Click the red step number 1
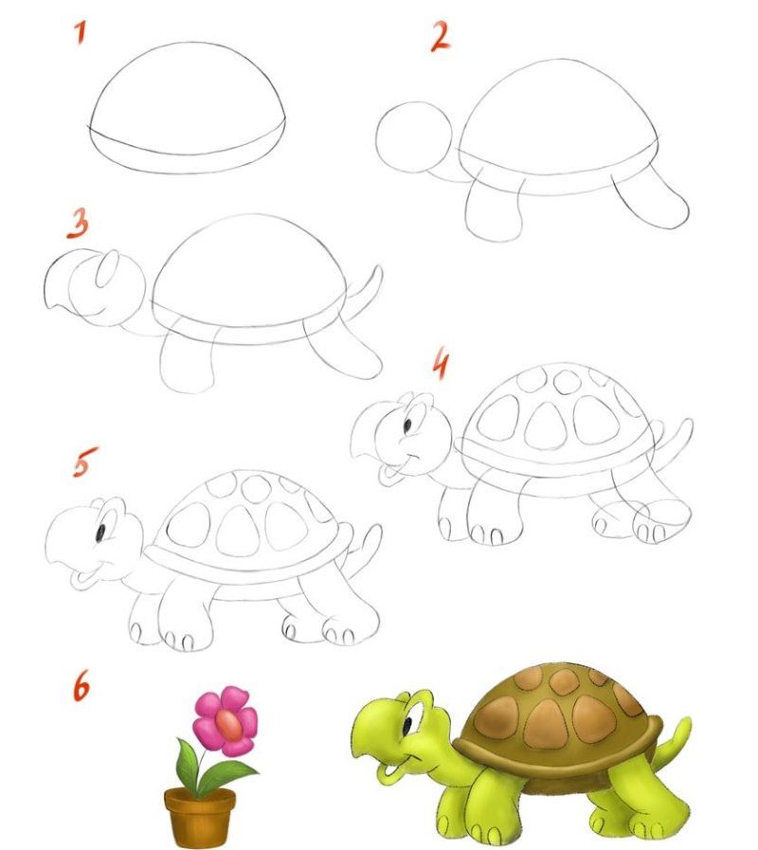click(81, 32)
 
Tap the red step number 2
click(440, 38)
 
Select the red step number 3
click(78, 224)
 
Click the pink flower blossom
click(225, 720)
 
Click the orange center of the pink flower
click(227, 725)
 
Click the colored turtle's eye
click(407, 724)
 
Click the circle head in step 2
click(414, 137)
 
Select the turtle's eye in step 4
click(407, 425)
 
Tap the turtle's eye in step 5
click(100, 533)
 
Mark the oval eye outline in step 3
click(107, 269)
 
